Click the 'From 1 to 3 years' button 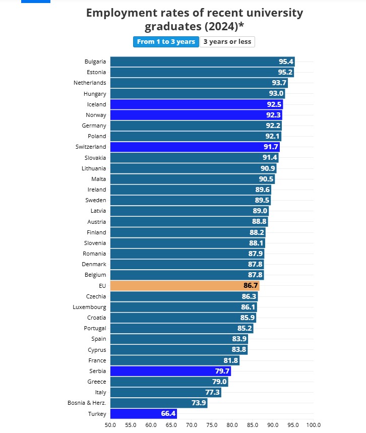point(166,42)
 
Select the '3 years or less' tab point(227,42)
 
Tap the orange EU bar point(185,286)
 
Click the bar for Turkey point(143,414)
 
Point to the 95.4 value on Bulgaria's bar point(286,61)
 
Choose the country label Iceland point(96,104)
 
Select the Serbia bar point(170,371)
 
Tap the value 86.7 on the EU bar point(251,286)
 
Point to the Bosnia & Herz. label point(87,403)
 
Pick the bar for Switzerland point(195,147)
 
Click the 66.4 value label point(168,414)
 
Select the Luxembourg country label point(90,307)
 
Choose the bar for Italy point(165,392)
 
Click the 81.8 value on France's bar point(230,360)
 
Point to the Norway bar point(196,115)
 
